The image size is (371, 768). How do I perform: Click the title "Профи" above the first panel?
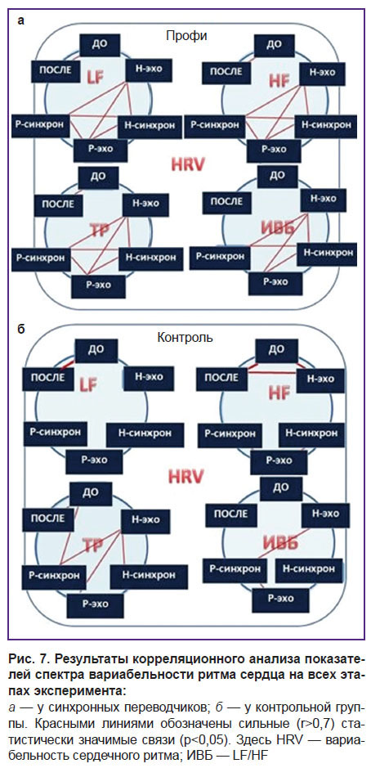point(186,35)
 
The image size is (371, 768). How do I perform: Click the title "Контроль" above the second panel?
point(185,337)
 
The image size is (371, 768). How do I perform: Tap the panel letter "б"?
point(20,329)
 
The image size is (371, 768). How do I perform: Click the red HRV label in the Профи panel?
point(186,164)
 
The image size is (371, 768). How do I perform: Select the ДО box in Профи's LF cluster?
point(100,45)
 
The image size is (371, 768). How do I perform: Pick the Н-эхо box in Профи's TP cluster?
point(145,204)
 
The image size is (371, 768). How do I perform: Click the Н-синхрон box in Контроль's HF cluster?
point(311,433)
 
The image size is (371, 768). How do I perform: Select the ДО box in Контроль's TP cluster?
point(91,492)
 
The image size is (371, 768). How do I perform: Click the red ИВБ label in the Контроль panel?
point(281,543)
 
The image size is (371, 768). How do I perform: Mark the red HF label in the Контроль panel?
point(279,392)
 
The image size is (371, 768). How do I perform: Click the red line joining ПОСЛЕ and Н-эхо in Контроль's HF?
point(273,374)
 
